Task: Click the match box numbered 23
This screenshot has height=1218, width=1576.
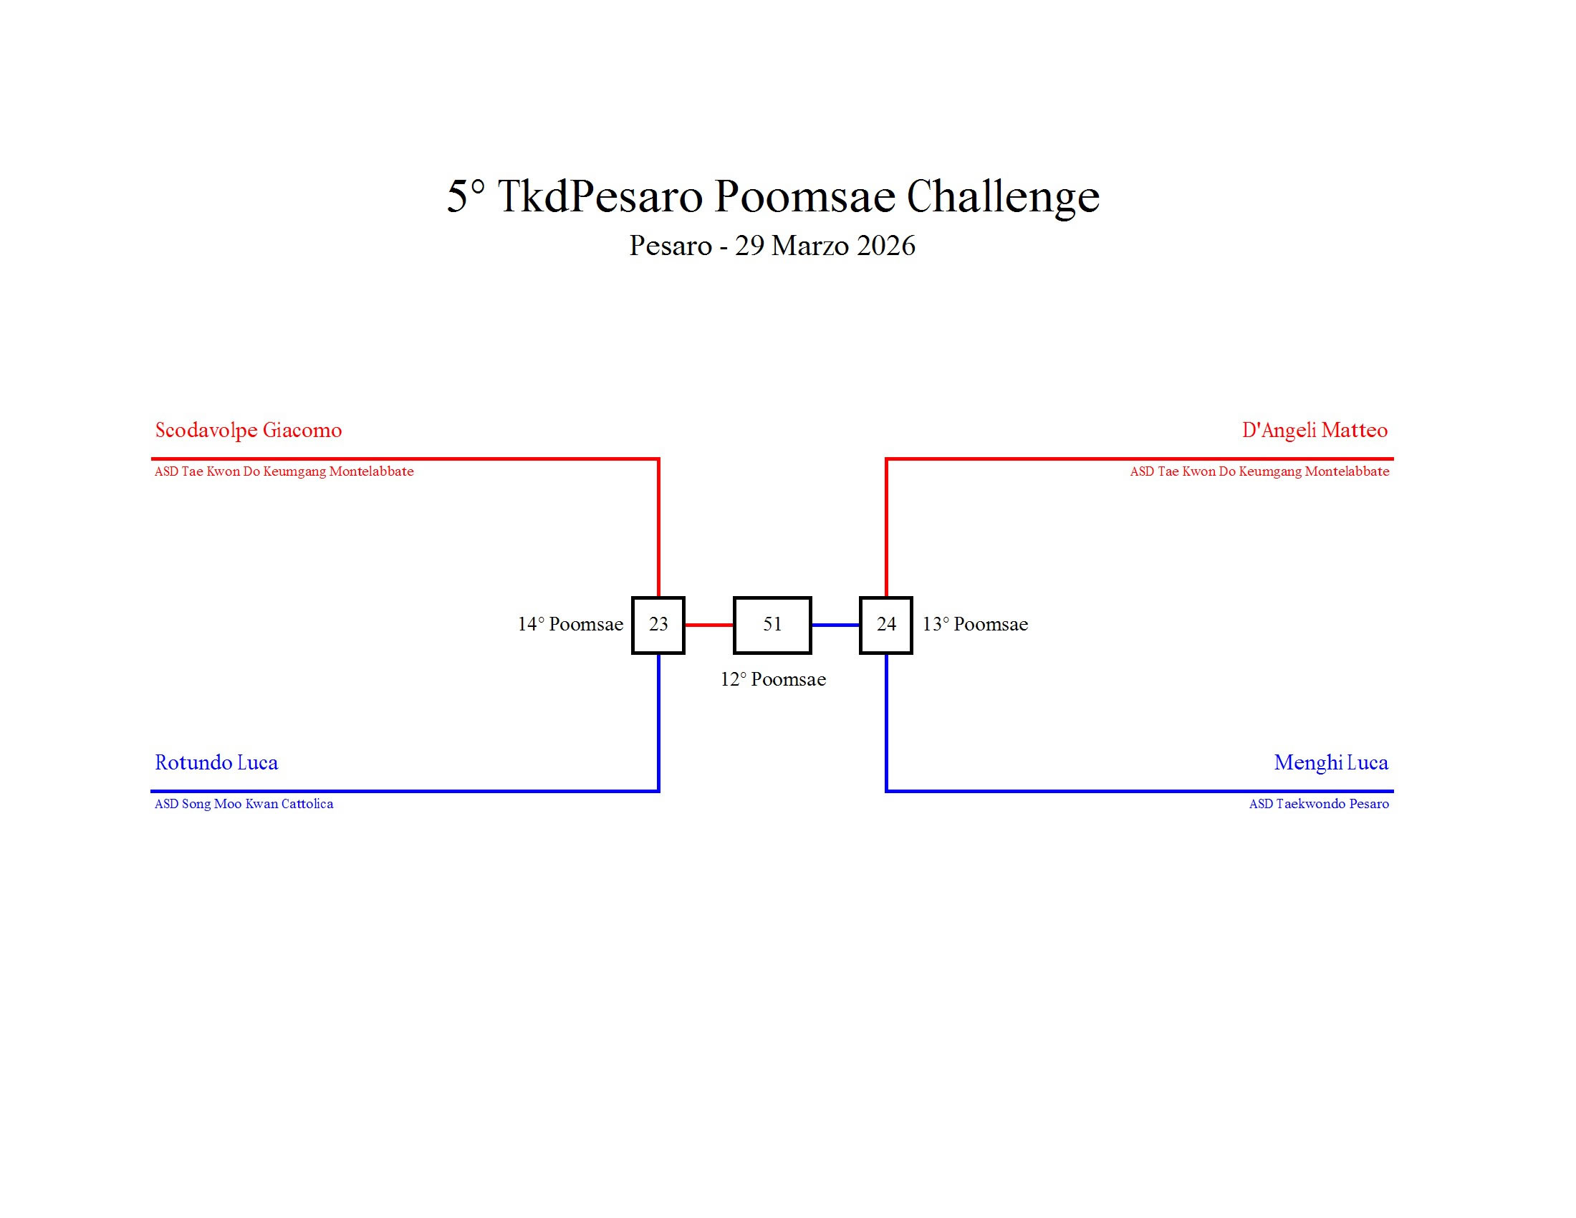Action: pos(658,625)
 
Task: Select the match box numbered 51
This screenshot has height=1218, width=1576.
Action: pos(772,625)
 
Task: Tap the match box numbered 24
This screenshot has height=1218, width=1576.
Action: pos(885,625)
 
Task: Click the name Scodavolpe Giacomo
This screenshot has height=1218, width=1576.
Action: pos(249,431)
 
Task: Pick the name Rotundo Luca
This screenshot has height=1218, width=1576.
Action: pos(216,763)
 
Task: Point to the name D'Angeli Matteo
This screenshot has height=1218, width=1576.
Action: pos(1314,431)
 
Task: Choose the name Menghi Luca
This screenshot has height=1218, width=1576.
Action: pos(1331,763)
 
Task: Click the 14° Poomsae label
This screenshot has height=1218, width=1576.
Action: pos(570,625)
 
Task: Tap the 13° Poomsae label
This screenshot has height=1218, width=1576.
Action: pos(975,625)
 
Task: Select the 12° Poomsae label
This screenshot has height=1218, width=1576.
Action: pos(773,680)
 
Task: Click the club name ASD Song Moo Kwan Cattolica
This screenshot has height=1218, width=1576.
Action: pos(244,804)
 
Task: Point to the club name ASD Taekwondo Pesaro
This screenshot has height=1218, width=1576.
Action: pos(1318,804)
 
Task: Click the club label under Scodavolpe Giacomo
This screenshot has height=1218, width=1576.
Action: pos(284,472)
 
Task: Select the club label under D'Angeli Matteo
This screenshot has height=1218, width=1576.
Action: pos(1259,472)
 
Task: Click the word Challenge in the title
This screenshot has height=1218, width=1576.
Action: pos(1002,196)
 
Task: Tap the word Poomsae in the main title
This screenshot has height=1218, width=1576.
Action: pos(804,196)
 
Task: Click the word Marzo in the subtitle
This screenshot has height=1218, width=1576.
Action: pos(799,246)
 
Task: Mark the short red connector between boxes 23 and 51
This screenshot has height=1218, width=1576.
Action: pos(708,625)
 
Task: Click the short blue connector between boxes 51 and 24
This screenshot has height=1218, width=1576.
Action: pos(835,625)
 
